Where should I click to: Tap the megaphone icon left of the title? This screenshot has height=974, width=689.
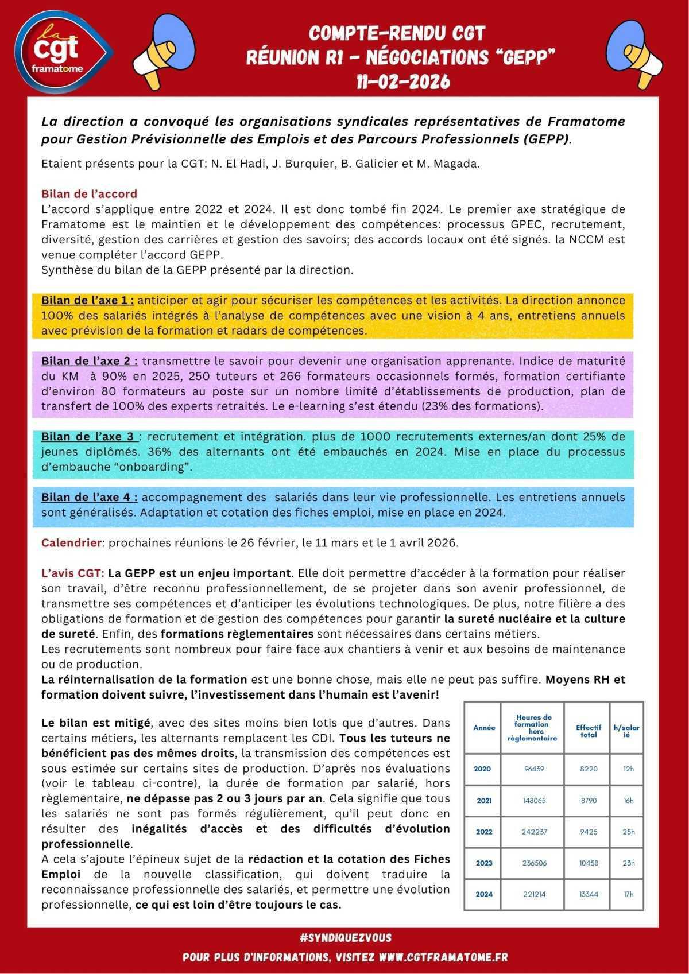[x=164, y=48]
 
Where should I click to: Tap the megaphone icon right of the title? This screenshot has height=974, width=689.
[x=637, y=48]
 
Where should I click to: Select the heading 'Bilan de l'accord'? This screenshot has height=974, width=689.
[x=89, y=193]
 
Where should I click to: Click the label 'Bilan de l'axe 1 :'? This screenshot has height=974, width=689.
[x=88, y=300]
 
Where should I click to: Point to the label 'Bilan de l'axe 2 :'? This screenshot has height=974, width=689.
[x=89, y=361]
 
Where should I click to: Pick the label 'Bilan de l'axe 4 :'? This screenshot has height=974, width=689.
[x=89, y=497]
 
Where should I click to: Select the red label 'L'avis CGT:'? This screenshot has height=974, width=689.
[x=72, y=573]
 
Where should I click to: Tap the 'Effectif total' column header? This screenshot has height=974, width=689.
[x=589, y=731]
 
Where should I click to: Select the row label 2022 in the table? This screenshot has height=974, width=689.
[x=484, y=832]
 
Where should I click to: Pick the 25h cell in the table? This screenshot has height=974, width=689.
[x=628, y=832]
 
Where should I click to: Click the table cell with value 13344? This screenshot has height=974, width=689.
[x=589, y=894]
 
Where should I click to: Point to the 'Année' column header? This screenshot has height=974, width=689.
[x=484, y=728]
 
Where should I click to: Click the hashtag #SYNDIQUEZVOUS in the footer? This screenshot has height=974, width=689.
[x=345, y=938]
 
